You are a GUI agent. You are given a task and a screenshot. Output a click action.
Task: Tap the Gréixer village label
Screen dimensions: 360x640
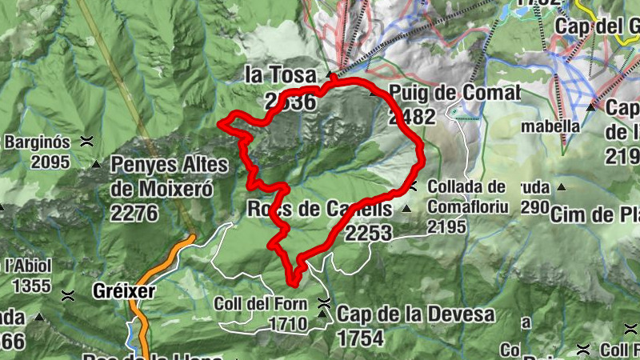[123, 291]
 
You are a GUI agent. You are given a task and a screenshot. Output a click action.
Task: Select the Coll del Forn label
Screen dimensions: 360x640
[261, 305]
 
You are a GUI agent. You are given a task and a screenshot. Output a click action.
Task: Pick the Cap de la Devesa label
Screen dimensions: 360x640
[416, 314]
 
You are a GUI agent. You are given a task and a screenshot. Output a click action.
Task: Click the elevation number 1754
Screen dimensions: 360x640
[361, 338]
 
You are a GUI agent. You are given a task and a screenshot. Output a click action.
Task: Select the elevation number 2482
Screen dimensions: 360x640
[412, 117]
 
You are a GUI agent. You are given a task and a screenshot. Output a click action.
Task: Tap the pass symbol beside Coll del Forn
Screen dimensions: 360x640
[323, 303]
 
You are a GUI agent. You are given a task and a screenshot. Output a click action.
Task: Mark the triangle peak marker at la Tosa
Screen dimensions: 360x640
[328, 74]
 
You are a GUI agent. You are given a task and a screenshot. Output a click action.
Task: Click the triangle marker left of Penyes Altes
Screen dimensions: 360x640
[97, 166]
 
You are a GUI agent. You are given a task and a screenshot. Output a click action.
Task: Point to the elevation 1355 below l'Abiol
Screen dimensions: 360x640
[26, 286]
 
